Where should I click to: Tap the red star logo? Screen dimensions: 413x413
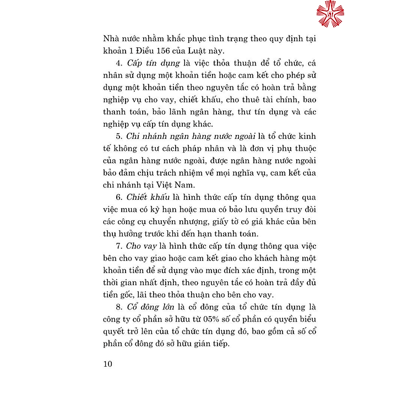click(x=330, y=14)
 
